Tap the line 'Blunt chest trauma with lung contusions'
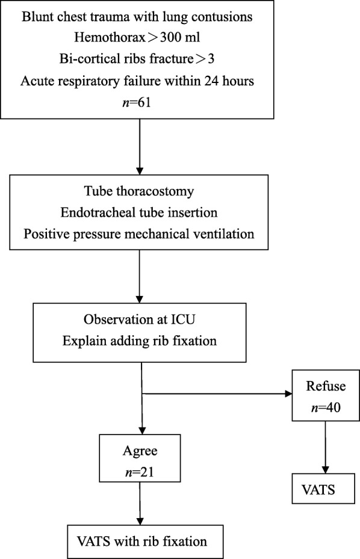tap(139, 17)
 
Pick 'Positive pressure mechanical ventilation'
tap(139, 230)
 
